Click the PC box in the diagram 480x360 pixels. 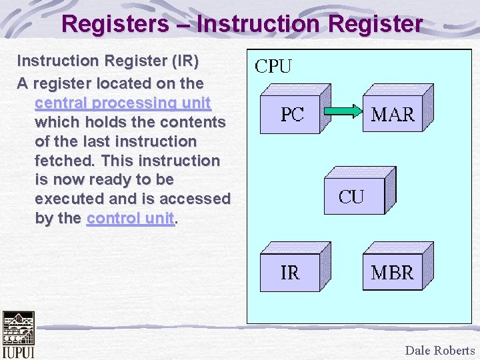[292, 115]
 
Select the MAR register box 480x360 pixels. [392, 115]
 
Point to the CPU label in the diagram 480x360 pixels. [274, 67]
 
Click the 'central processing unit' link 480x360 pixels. [123, 103]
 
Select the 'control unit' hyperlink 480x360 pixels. [130, 218]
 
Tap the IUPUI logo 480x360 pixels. [17, 335]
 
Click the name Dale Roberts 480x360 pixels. [440, 350]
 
